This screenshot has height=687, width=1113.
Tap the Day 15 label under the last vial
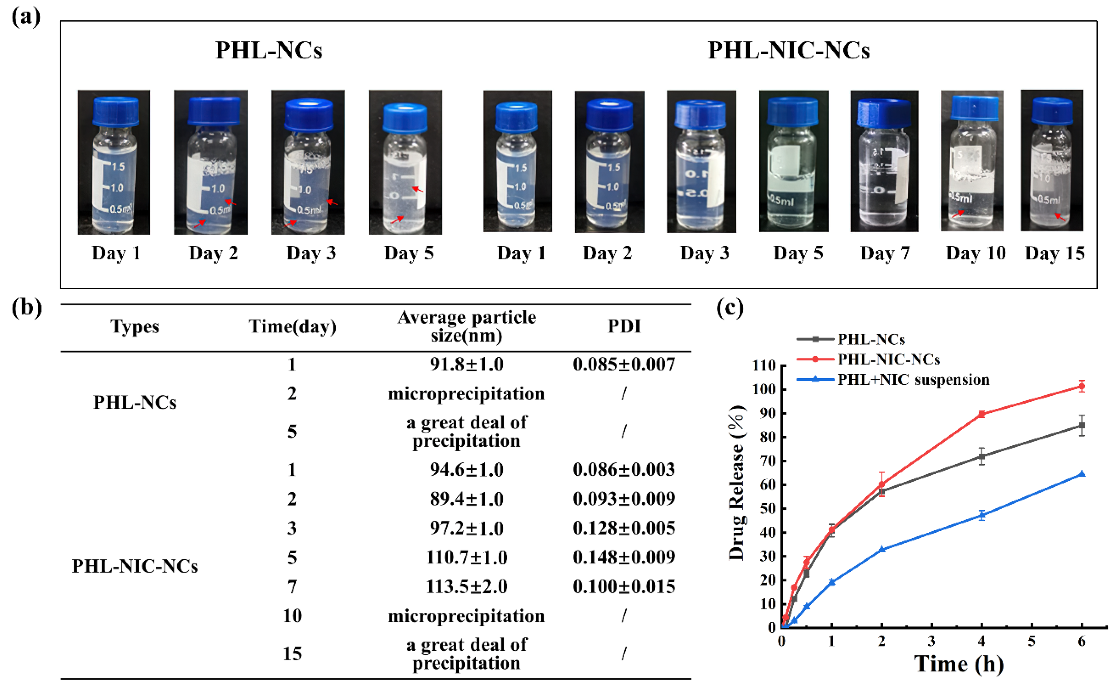[x=1055, y=253]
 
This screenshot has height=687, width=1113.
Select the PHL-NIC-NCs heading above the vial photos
[x=789, y=50]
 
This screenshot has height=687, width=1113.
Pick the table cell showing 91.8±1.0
[x=466, y=364]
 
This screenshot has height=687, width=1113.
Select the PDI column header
[x=624, y=326]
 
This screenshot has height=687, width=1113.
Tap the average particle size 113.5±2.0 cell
[x=466, y=587]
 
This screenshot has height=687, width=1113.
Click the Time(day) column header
[x=292, y=326]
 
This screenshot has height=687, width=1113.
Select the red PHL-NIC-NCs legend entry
[x=888, y=360]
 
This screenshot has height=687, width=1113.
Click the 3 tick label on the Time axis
[x=931, y=641]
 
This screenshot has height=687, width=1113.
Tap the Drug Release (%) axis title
[x=737, y=483]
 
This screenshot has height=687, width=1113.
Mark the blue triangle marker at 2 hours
[x=882, y=549]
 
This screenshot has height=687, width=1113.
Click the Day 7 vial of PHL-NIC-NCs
[x=884, y=161]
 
